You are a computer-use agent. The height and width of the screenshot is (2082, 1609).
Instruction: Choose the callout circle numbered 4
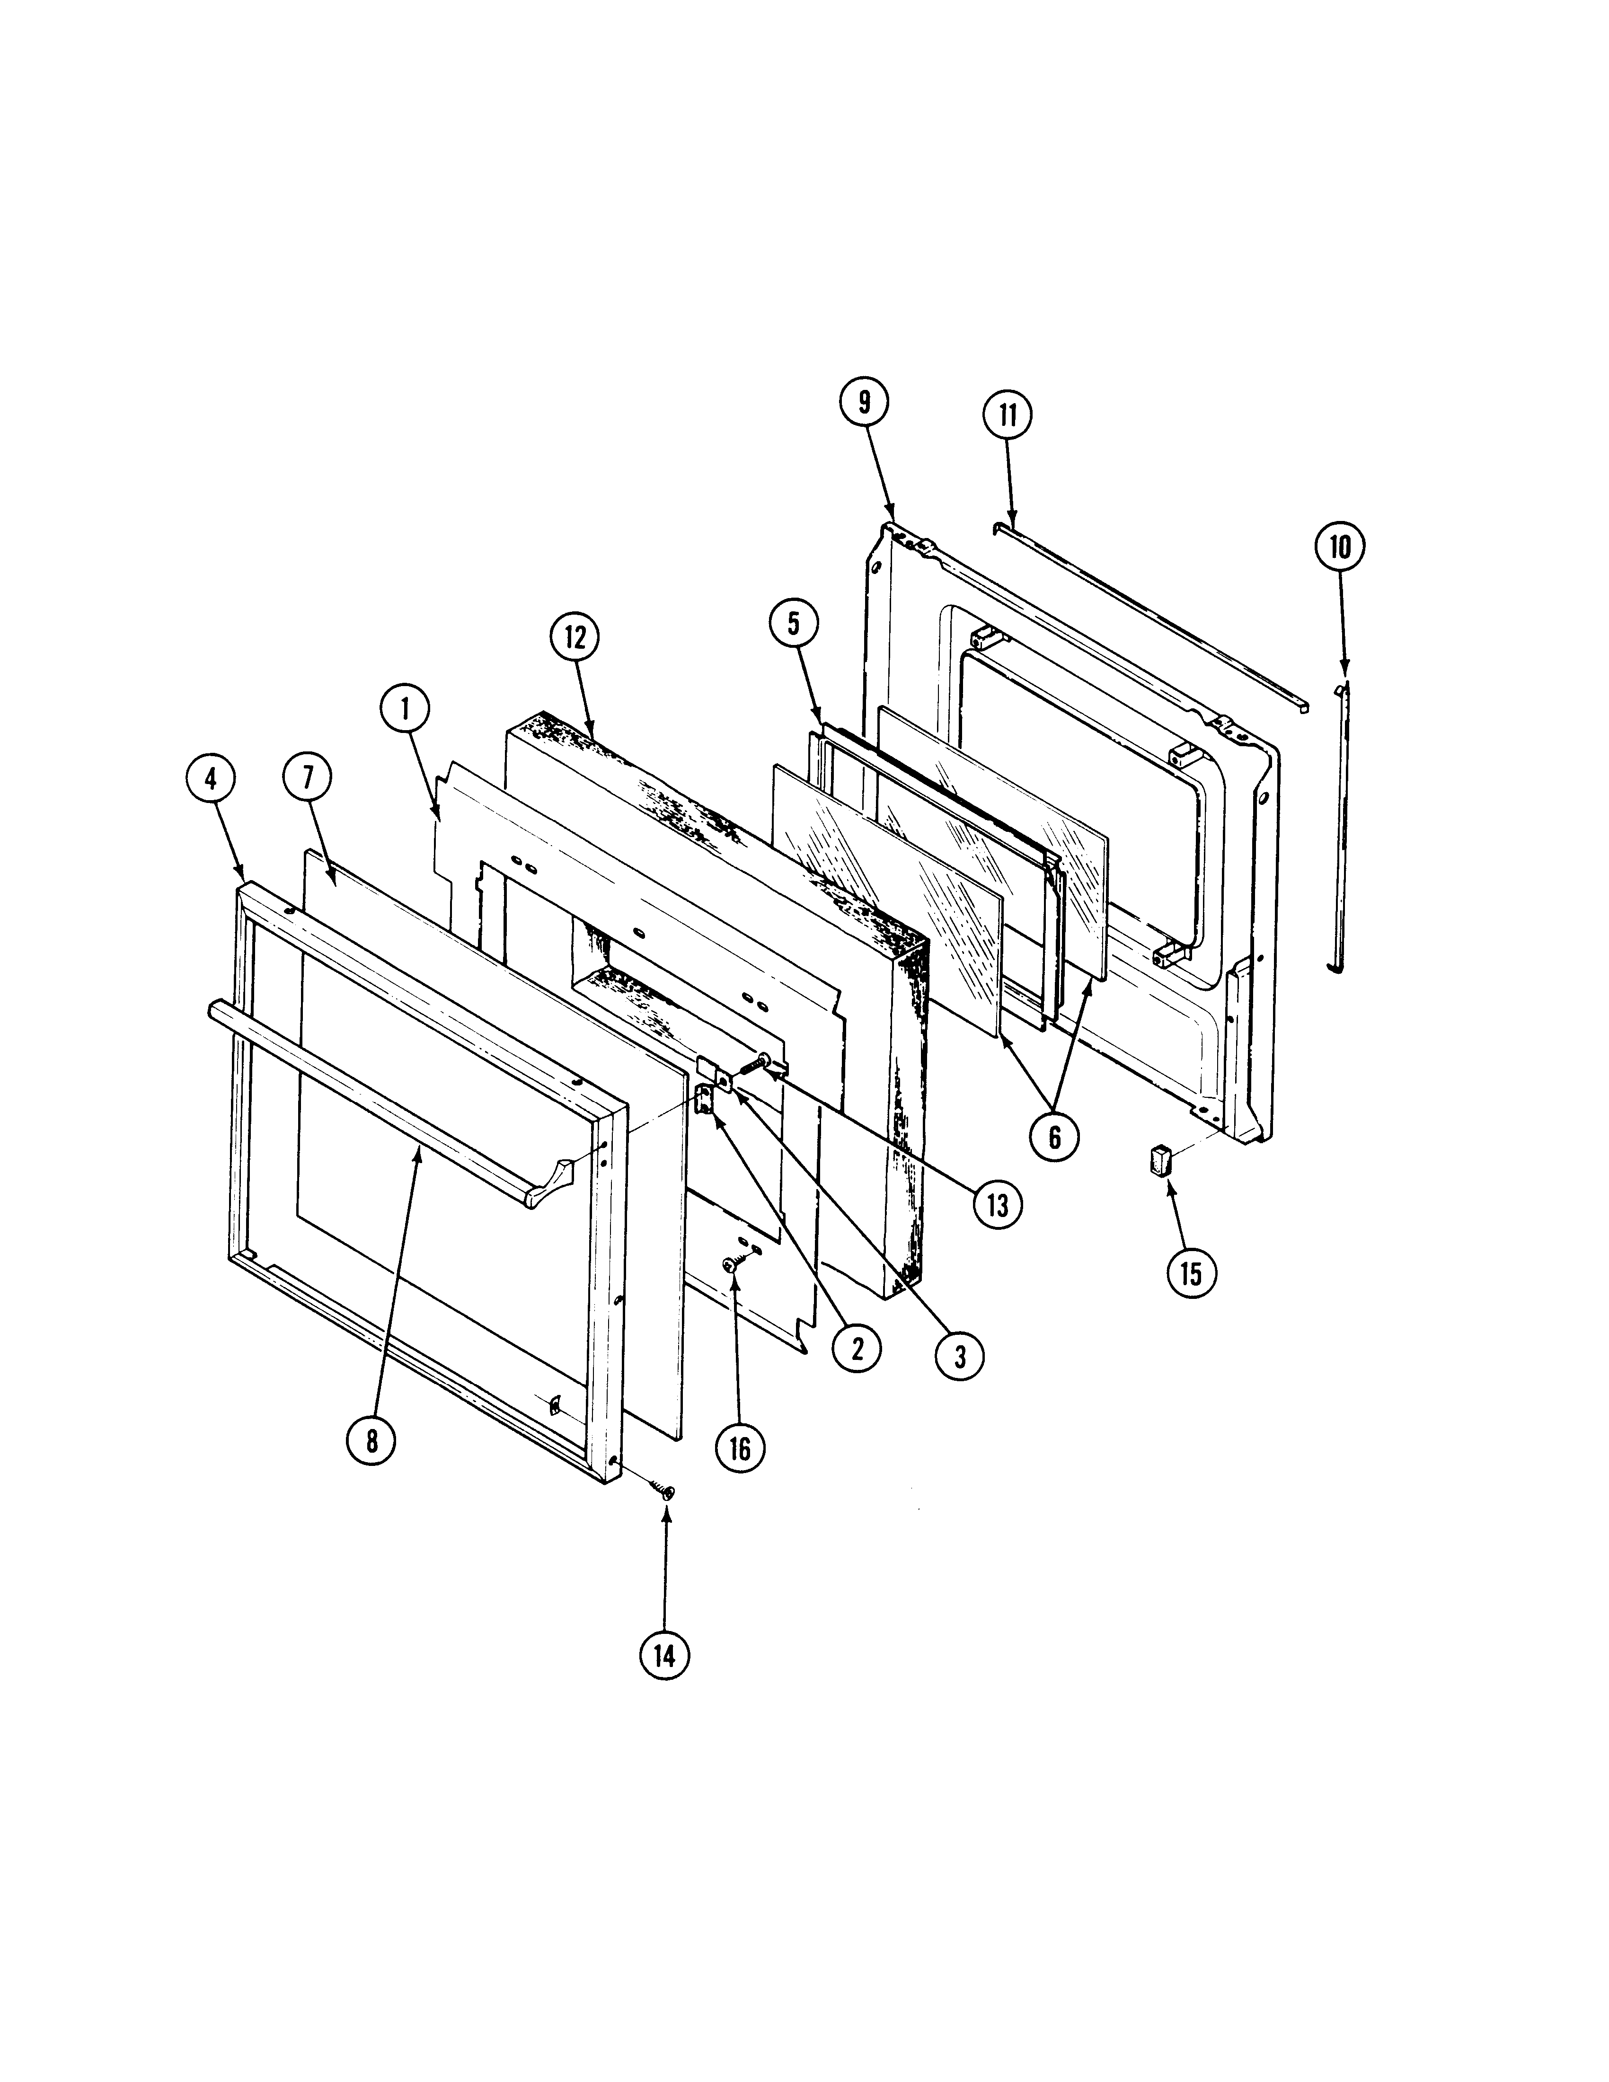point(210,779)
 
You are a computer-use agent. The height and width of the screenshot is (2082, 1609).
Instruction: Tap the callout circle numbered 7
point(307,779)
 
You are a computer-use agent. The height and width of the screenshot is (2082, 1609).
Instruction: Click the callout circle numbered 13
point(997,1205)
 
